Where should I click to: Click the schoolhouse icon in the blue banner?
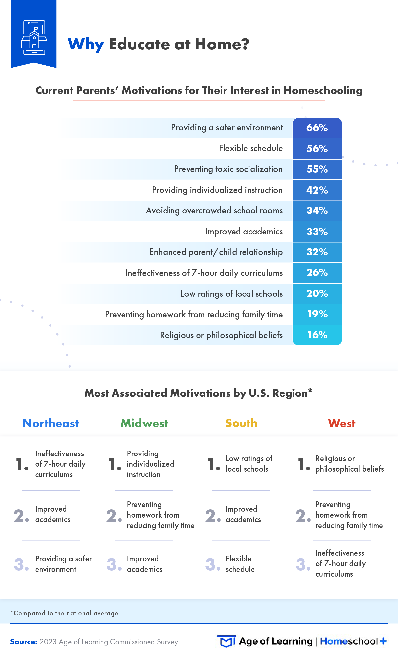coord(34,38)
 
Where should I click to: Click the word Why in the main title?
coord(86,44)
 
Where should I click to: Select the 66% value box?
coord(317,128)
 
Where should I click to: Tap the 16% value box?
coord(317,335)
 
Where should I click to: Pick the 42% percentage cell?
coord(317,190)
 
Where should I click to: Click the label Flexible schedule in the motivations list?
coord(250,148)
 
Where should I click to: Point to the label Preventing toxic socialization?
coord(228,169)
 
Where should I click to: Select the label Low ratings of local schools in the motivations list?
coord(231,293)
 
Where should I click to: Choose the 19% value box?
coord(317,314)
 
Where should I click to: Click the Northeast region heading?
coord(51,423)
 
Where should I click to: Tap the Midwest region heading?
coord(144,423)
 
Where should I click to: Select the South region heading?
coord(241,423)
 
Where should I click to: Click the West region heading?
coord(342,423)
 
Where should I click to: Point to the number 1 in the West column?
coord(302,464)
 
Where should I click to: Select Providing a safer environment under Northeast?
coord(63,564)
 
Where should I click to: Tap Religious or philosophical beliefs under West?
coord(349,464)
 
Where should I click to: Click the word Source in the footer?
coord(24,642)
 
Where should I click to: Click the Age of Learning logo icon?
coord(227,641)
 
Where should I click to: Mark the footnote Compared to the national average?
coord(64,613)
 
